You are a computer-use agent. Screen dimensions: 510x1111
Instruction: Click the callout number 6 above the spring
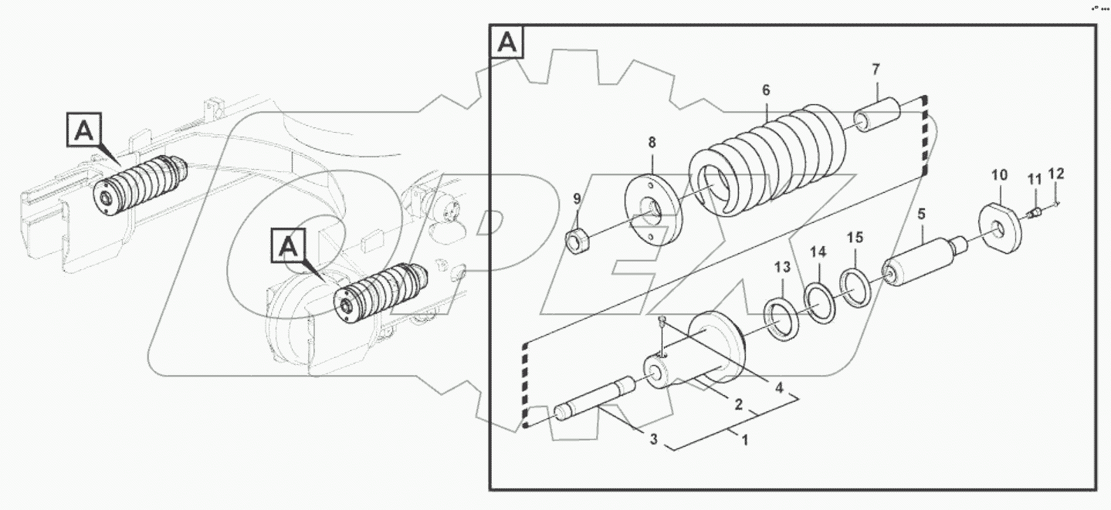(766, 91)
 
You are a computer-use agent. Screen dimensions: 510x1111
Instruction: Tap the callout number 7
(876, 69)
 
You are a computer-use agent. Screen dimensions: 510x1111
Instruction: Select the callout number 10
(999, 175)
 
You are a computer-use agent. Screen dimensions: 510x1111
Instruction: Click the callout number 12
(1056, 174)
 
